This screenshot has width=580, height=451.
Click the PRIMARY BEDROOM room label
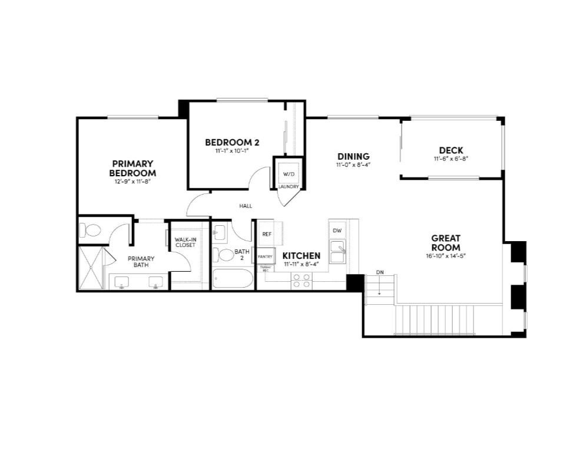coord(132,168)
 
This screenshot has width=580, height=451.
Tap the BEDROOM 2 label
coord(232,142)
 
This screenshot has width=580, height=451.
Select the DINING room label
coord(353,156)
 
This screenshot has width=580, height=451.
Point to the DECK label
coord(450,150)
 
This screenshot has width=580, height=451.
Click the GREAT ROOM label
coord(445,243)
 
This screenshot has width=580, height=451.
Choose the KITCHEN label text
coord(301,256)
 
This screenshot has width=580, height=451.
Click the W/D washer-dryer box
coord(289,174)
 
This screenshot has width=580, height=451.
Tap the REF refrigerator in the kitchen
coord(267,234)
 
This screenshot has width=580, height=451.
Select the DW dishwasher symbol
coord(337,231)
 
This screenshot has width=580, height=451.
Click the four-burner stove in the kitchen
coord(302,280)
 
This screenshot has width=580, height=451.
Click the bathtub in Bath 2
coord(232,278)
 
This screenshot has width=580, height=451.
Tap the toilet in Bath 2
coord(224,255)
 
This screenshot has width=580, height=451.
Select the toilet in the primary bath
coord(91,231)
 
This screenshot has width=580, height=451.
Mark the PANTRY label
coord(265,257)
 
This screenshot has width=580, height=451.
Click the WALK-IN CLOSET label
coord(185,242)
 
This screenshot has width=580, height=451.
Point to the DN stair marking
coord(380,272)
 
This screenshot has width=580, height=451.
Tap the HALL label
coord(246,206)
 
